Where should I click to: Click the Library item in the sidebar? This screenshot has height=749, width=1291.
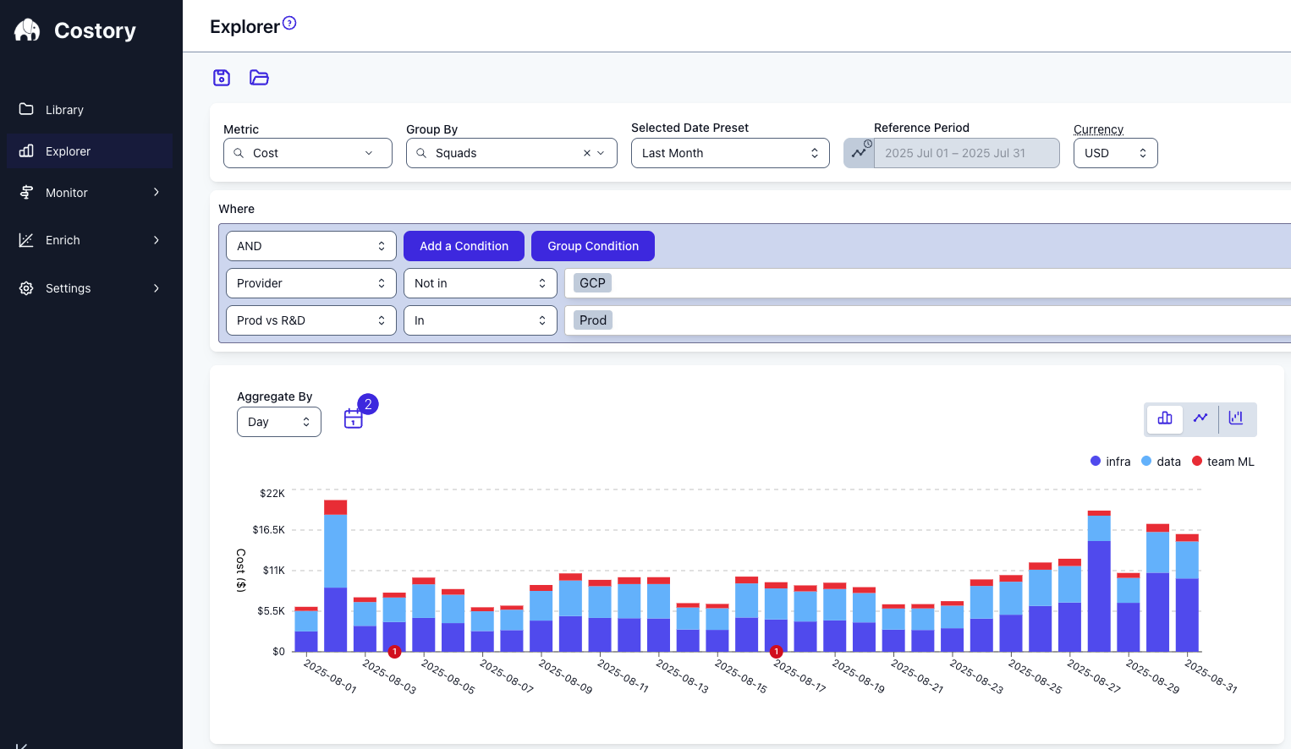click(x=64, y=110)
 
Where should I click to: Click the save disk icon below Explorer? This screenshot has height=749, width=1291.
click(x=222, y=78)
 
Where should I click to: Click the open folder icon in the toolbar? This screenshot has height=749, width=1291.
click(x=259, y=78)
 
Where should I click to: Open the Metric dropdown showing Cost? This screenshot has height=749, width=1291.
click(x=308, y=153)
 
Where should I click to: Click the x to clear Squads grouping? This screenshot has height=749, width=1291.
click(x=586, y=153)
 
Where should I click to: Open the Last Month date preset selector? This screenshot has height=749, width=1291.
click(x=730, y=153)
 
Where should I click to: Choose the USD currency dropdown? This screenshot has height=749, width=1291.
click(x=1115, y=153)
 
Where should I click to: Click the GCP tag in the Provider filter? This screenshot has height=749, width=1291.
click(x=592, y=283)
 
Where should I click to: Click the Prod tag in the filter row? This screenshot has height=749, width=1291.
click(x=592, y=320)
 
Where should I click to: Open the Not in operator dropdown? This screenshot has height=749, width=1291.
click(x=480, y=283)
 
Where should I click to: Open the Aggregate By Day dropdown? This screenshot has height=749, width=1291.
click(x=278, y=422)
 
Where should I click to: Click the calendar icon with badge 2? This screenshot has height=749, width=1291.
click(x=354, y=418)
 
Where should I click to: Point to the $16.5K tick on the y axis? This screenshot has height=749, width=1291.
click(x=269, y=530)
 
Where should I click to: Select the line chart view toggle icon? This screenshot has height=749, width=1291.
click(x=1200, y=418)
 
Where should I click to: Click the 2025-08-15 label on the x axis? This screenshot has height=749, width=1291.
click(x=741, y=676)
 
